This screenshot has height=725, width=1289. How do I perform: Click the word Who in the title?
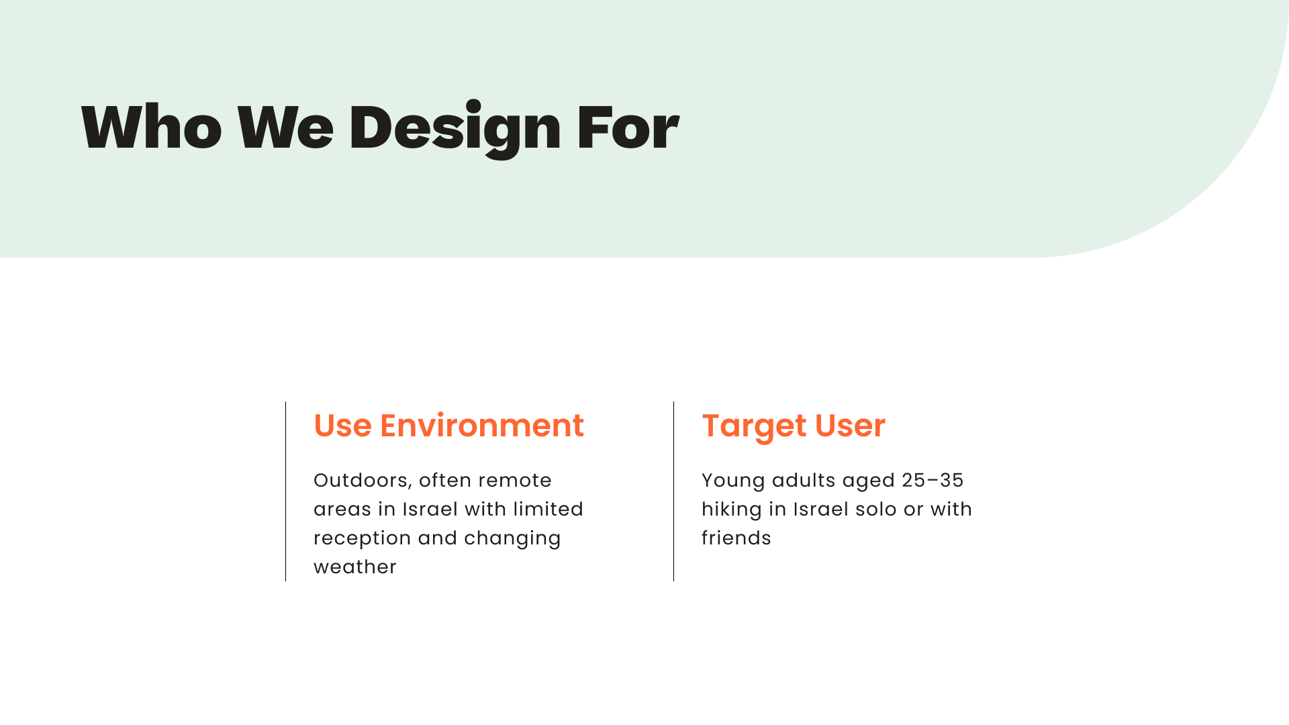point(152,126)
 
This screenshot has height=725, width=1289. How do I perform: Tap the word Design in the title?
point(455,129)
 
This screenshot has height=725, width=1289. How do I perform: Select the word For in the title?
point(628,126)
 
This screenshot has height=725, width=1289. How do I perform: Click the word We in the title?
point(285,126)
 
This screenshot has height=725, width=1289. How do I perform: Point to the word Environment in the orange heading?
point(482,426)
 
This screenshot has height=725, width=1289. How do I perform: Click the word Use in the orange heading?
point(342,426)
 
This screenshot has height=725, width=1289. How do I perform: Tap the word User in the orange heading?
point(850,426)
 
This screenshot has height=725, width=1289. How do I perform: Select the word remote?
point(515,481)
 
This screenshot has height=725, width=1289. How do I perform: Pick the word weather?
point(355,567)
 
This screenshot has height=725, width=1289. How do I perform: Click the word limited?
point(548,510)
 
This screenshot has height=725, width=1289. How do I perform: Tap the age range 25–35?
point(933,481)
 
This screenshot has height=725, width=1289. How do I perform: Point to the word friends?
point(736,538)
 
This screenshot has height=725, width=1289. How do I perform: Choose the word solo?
point(876,510)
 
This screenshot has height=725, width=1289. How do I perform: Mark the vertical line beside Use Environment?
point(286,491)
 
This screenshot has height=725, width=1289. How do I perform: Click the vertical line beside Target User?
point(674,491)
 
